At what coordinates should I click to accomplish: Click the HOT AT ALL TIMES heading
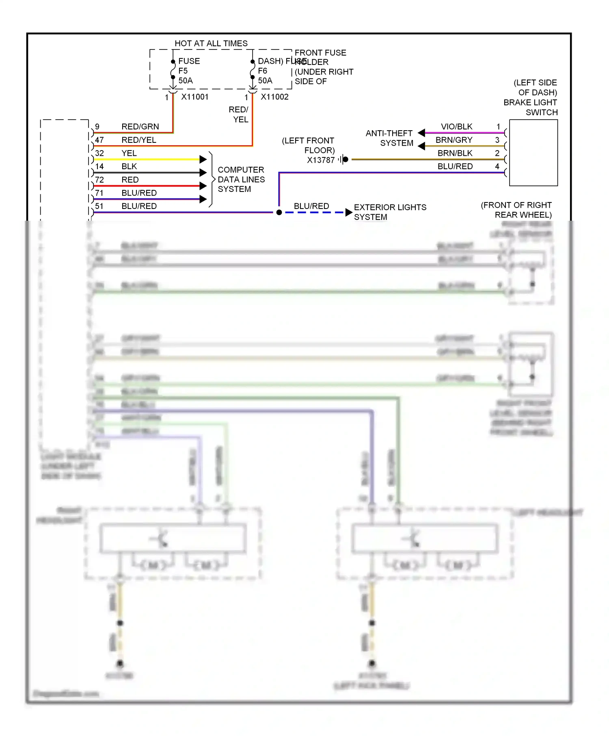(x=211, y=43)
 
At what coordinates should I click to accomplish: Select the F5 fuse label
(x=183, y=71)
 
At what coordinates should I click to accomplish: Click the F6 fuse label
(x=263, y=71)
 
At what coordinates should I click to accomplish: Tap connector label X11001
(x=195, y=97)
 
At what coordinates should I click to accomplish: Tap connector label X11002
(x=274, y=97)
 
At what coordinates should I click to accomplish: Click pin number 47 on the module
(x=99, y=140)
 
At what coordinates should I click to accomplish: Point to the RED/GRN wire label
(x=140, y=127)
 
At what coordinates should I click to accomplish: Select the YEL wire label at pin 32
(x=129, y=153)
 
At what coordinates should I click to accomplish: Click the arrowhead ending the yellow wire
(x=203, y=159)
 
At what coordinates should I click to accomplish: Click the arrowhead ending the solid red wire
(x=203, y=186)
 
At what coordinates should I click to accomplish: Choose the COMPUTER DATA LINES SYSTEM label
(x=241, y=179)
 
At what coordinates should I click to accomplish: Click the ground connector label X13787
(x=320, y=160)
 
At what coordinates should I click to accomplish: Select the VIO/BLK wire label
(x=456, y=127)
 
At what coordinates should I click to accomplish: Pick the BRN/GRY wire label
(x=454, y=140)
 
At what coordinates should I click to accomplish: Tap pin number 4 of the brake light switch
(x=497, y=166)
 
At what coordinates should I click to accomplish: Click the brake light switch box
(x=533, y=153)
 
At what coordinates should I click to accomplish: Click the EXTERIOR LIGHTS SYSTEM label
(x=390, y=212)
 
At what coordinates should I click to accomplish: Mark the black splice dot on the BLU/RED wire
(x=279, y=212)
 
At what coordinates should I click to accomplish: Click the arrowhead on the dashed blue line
(x=348, y=212)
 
